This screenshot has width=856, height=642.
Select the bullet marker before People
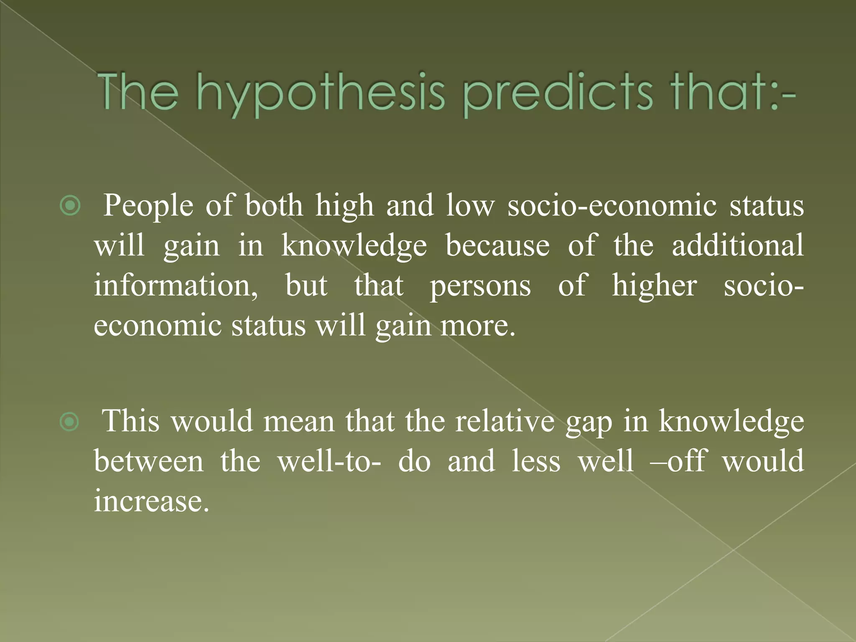click(70, 206)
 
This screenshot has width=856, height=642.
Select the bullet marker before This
click(69, 422)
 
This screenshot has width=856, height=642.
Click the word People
click(148, 206)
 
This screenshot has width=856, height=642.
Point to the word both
click(274, 206)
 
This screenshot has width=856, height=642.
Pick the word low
click(470, 206)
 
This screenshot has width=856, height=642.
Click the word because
click(497, 245)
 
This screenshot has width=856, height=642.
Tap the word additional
click(738, 245)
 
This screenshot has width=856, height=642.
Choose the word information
click(176, 285)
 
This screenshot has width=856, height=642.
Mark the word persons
click(481, 286)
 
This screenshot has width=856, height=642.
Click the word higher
click(655, 286)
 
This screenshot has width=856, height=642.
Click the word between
click(149, 461)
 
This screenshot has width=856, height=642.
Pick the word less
click(536, 461)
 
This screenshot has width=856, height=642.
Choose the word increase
click(151, 501)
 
